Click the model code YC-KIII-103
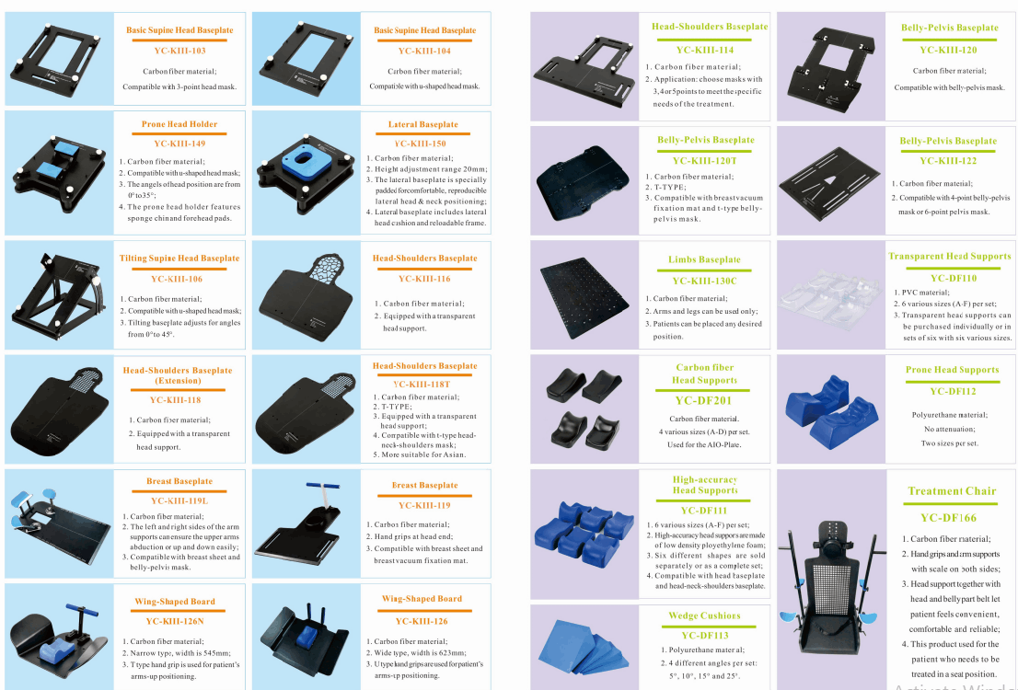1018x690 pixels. [x=179, y=51]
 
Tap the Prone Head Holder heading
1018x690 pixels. [x=179, y=124]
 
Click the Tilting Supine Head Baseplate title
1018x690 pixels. [x=179, y=259]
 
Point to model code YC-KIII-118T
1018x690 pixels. [x=422, y=385]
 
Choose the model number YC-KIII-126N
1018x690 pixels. [x=175, y=621]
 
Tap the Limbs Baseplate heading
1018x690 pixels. [x=704, y=259]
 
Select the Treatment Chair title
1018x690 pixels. [x=952, y=491]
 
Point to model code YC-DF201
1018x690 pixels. [x=703, y=401]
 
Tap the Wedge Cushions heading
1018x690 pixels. [x=704, y=616]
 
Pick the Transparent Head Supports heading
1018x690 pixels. [x=950, y=257]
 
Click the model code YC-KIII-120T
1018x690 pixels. [x=704, y=161]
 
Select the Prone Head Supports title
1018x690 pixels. [x=953, y=370]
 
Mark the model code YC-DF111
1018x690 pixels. [x=704, y=511]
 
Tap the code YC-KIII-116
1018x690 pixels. [x=424, y=279]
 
